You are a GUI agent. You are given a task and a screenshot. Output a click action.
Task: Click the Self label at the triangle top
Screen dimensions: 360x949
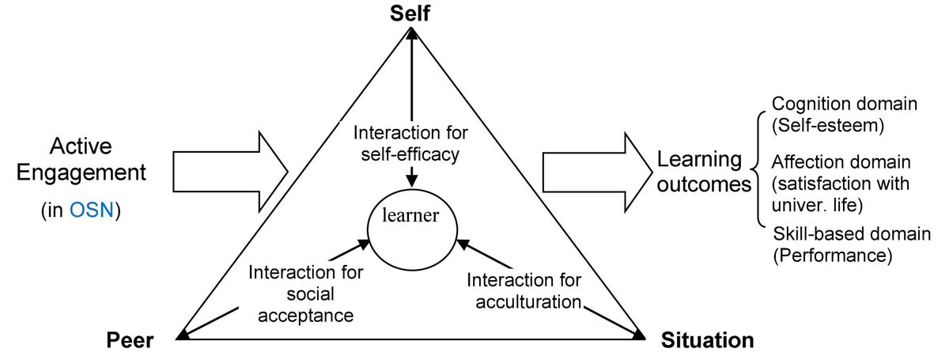410,13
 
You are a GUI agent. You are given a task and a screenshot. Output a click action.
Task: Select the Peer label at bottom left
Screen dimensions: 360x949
130,341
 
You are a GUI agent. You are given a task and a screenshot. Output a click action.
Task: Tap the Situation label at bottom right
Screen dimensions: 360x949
707,341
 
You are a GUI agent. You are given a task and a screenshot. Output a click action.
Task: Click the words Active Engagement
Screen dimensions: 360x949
81,160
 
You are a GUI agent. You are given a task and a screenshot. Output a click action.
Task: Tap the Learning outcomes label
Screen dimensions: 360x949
701,173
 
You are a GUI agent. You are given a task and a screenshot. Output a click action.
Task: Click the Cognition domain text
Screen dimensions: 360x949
844,104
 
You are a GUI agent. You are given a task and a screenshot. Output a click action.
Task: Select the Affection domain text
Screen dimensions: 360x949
841,163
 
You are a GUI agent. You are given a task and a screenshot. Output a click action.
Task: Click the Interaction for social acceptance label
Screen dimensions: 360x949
305,294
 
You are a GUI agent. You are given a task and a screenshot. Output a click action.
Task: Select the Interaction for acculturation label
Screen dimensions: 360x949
524,291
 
